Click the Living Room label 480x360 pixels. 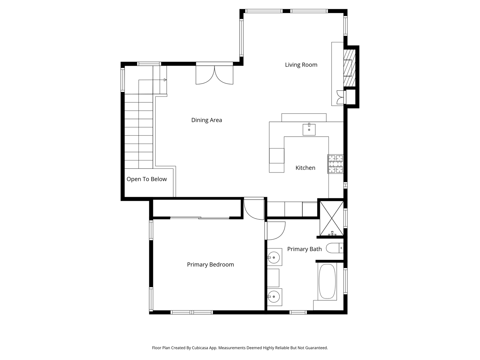(x=301, y=65)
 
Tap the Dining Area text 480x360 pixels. (x=206, y=120)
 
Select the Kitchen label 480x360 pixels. (x=305, y=168)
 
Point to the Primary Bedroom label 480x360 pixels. (x=210, y=265)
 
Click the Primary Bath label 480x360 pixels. (x=304, y=249)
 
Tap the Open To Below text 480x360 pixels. (x=147, y=179)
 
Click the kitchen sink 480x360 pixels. (x=309, y=129)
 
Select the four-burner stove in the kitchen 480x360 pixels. (x=335, y=164)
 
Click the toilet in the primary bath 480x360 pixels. (x=334, y=248)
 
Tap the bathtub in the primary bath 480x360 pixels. (x=327, y=281)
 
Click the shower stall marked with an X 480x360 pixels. (x=331, y=219)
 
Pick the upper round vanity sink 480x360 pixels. (x=274, y=258)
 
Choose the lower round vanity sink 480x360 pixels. (x=274, y=297)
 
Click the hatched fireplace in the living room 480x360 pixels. (x=349, y=68)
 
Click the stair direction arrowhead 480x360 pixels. (x=165, y=80)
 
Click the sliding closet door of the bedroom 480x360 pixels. (x=199, y=218)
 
